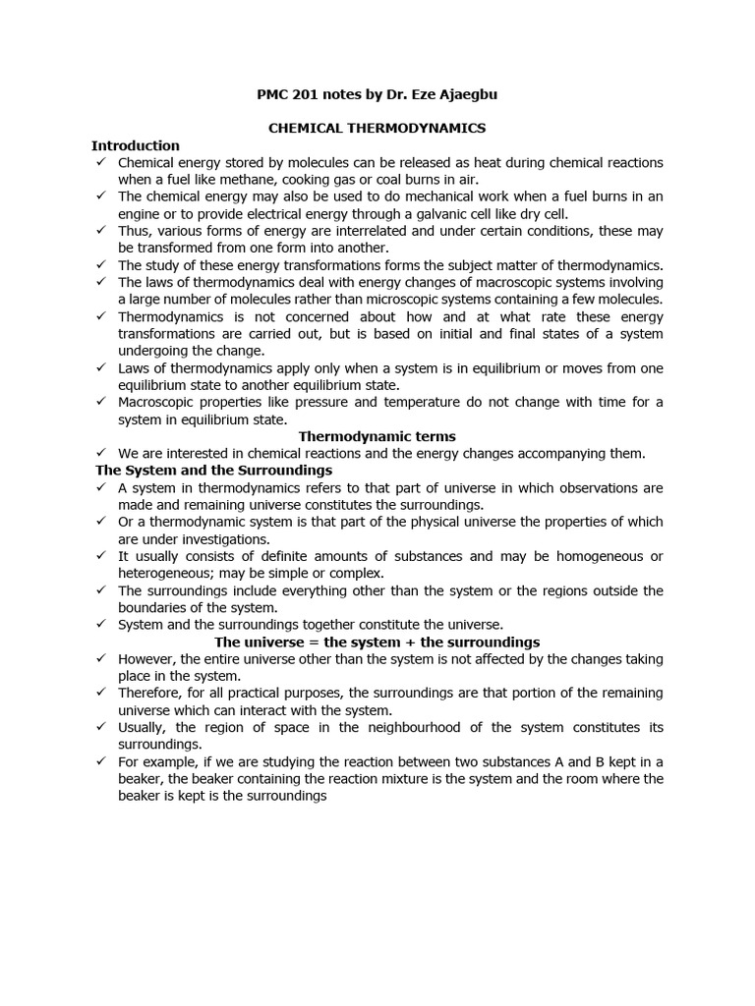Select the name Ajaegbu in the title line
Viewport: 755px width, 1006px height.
tap(477, 94)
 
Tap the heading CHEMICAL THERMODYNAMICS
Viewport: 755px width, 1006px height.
tap(377, 128)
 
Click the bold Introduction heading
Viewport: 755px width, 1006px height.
tap(136, 145)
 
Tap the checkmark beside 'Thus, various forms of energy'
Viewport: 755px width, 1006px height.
tap(101, 230)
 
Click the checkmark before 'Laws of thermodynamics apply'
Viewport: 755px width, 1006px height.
tap(101, 367)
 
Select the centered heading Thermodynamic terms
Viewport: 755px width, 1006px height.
tap(377, 436)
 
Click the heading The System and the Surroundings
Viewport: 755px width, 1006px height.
tap(213, 471)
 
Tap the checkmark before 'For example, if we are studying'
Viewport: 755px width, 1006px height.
tap(101, 761)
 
